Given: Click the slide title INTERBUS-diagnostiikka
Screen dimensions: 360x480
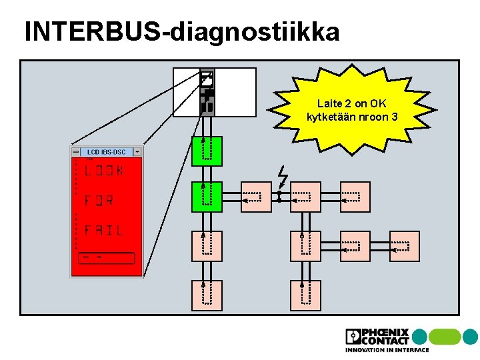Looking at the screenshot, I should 181,31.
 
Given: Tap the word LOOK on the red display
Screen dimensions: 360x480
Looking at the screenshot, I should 104,171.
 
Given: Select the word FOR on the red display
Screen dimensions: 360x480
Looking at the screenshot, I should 99,201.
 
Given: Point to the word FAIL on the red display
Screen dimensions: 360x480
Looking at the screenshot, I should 103,231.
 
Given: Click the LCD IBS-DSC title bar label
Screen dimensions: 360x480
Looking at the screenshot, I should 106,152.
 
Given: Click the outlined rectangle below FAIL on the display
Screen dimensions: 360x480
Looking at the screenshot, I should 107,258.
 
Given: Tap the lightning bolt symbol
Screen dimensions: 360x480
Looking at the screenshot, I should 282,177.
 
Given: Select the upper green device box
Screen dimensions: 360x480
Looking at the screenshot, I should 207,150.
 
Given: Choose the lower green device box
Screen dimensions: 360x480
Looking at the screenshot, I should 207,197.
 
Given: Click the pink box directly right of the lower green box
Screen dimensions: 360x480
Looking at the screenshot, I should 256,197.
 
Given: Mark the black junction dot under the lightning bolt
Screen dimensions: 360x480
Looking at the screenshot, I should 279,197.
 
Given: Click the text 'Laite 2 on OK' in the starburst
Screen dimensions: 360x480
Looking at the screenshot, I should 351,104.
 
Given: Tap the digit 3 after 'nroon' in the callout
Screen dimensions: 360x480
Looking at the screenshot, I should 395,117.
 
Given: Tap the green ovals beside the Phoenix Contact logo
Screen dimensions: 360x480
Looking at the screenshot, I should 453,336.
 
